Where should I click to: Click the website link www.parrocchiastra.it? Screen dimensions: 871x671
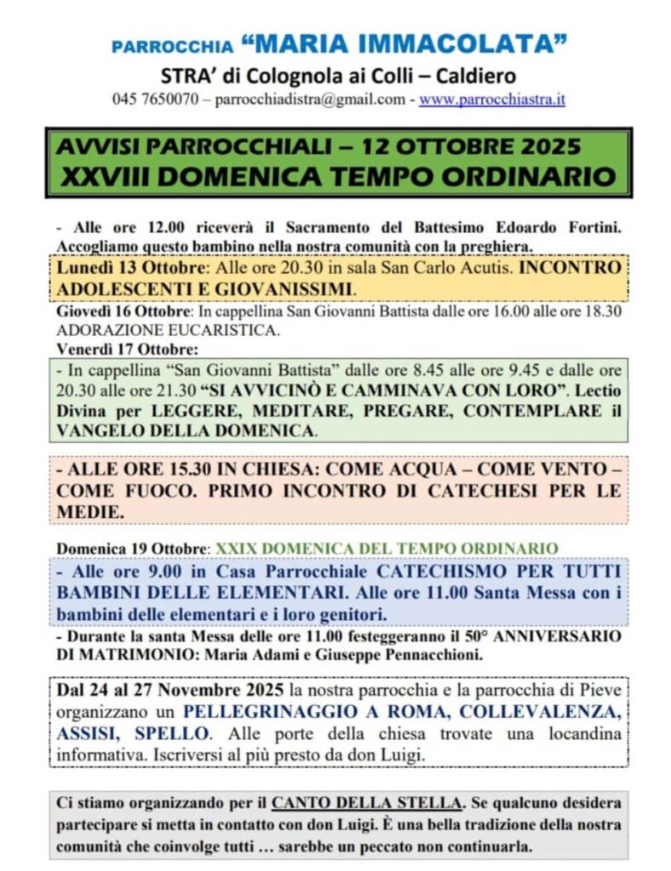click(x=492, y=100)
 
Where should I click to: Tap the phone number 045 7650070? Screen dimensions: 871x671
click(x=155, y=100)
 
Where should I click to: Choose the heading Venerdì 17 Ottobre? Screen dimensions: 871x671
click(x=114, y=349)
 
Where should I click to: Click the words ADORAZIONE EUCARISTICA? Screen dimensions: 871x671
click(x=168, y=330)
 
